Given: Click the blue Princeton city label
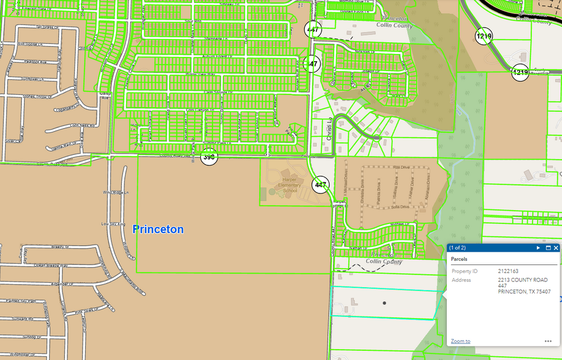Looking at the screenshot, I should (x=158, y=230).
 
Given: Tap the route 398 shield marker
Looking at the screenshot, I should (x=209, y=157).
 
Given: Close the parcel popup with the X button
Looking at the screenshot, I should (x=556, y=248).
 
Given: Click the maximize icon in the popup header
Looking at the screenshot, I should (x=548, y=248).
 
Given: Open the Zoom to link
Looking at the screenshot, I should (x=460, y=341).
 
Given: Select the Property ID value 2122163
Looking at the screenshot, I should (x=508, y=271).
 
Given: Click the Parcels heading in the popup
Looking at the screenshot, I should (x=459, y=259).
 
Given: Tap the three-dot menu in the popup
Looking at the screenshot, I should (x=548, y=341).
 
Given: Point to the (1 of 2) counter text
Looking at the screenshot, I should (x=457, y=248).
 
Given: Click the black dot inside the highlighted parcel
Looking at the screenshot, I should (x=384, y=303).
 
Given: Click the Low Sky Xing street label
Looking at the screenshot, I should (x=113, y=224).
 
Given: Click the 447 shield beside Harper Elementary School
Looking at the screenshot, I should (x=321, y=184).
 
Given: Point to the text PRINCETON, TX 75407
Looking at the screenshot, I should (x=524, y=291).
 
